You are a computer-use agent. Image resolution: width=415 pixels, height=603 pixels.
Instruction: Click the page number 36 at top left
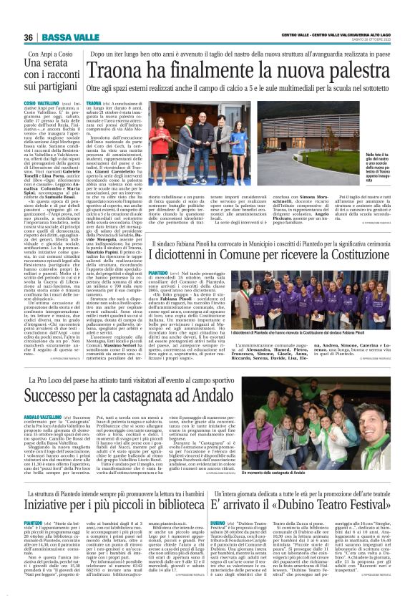pos(28,37)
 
